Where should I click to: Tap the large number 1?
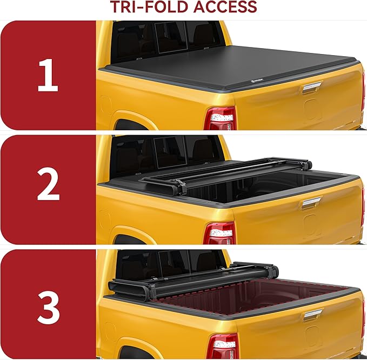pos(48,76)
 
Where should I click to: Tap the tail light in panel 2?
pos(221,232)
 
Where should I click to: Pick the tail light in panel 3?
pos(222,346)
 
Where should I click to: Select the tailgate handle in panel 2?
pos(312,203)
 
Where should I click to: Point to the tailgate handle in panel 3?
pos(312,315)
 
